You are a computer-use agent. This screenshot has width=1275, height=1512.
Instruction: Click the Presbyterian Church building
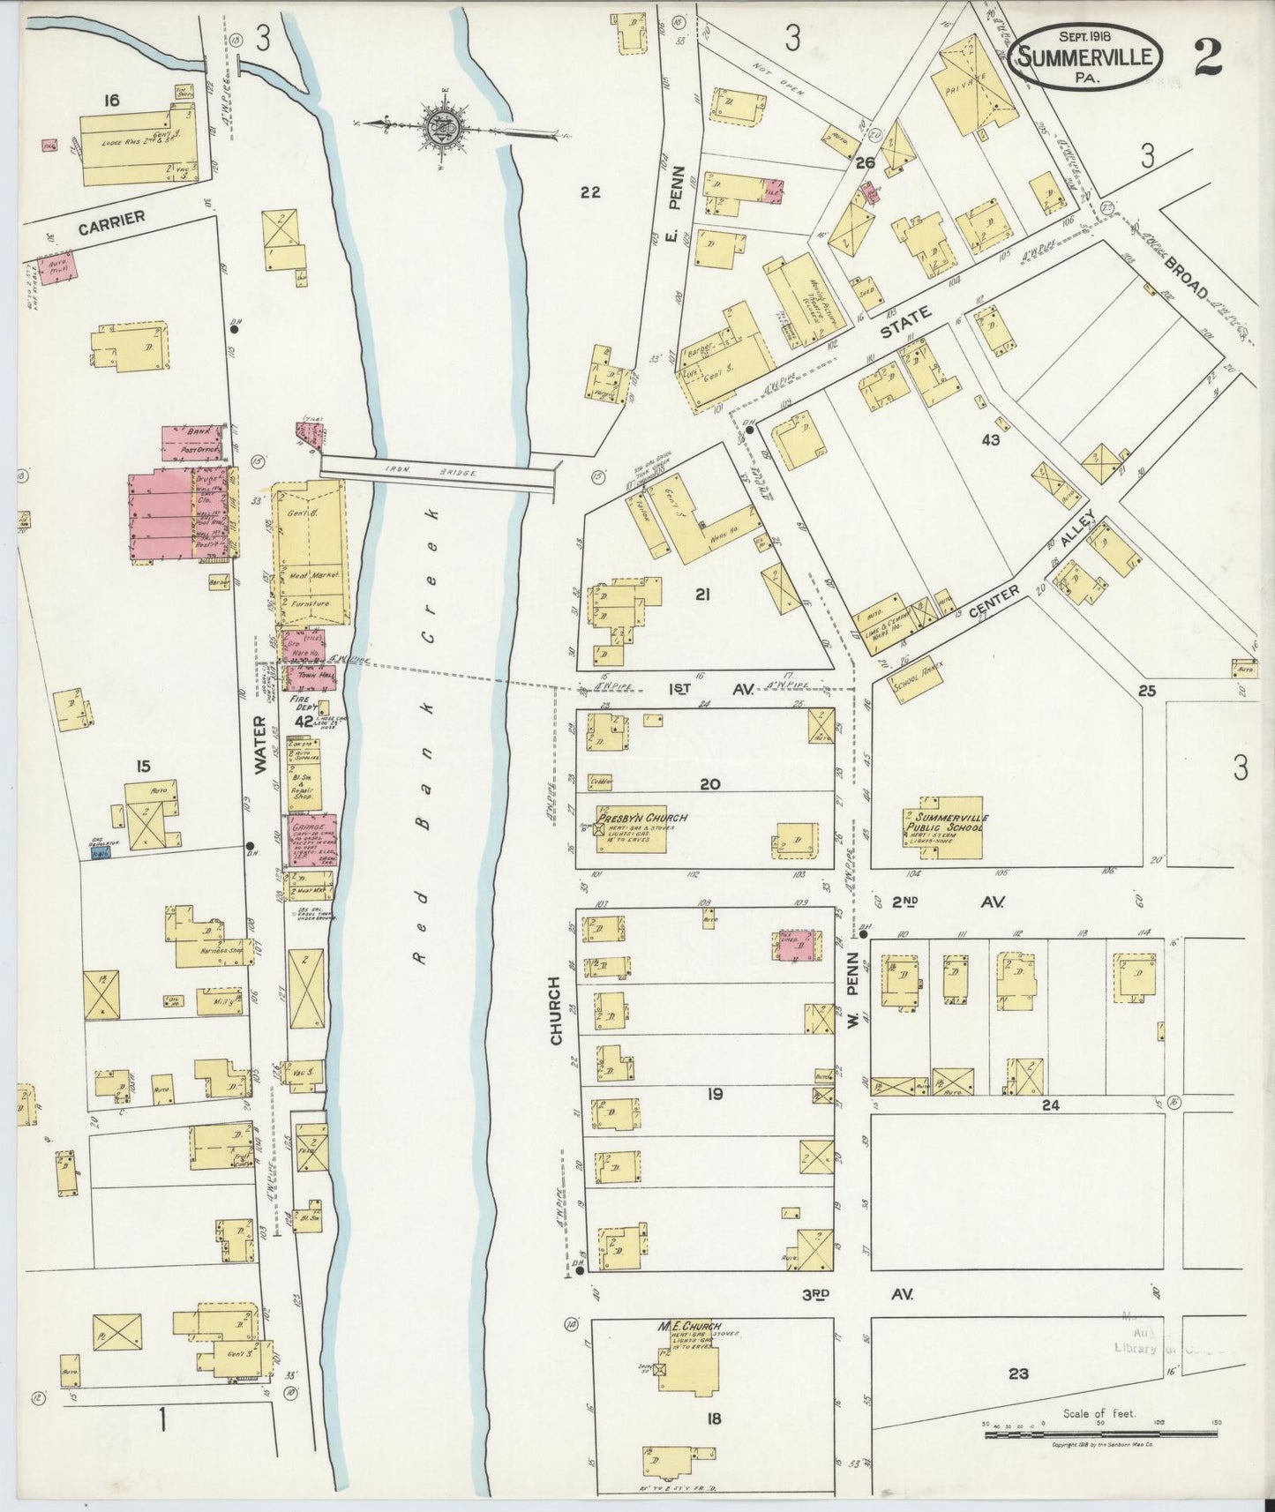pyautogui.click(x=630, y=830)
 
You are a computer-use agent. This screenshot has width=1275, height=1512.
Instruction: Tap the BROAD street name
pyautogui.click(x=1188, y=277)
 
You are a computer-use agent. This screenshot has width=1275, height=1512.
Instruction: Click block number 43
pyautogui.click(x=990, y=439)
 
